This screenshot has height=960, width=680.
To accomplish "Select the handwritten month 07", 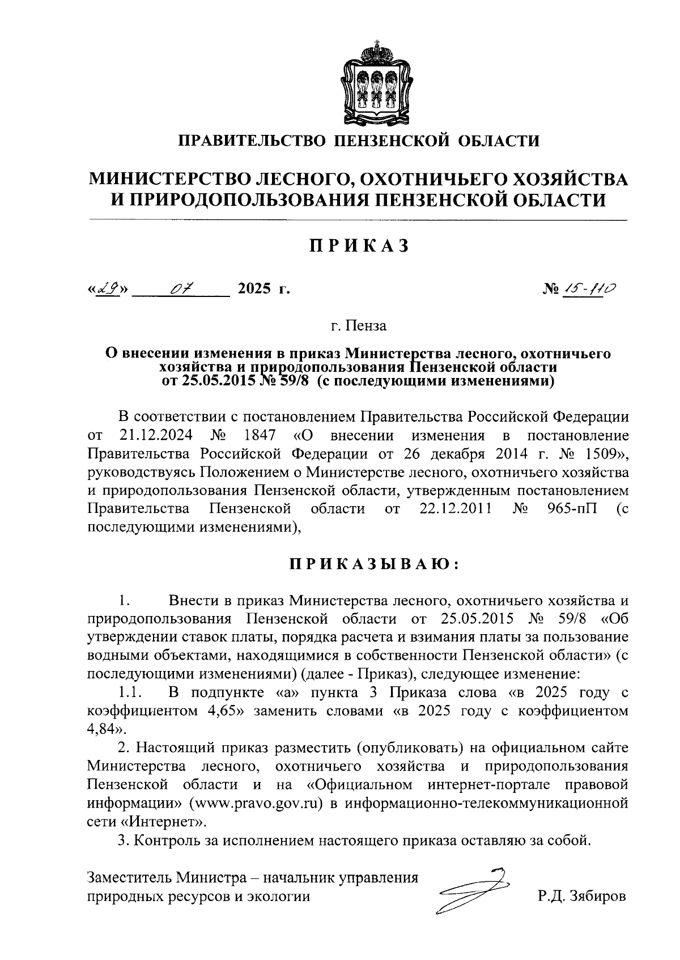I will tap(182, 289).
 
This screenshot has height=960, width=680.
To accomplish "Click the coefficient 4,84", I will tap(103, 729).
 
